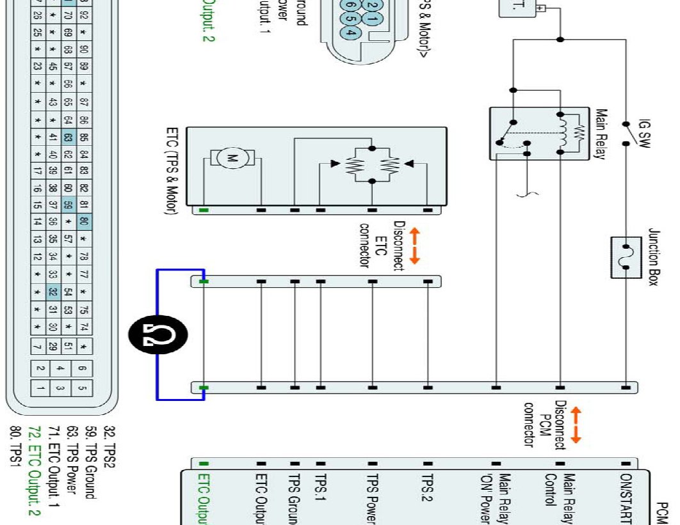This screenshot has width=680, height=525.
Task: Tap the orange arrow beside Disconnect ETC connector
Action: click(414, 247)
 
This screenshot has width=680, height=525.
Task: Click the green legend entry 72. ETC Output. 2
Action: click(38, 474)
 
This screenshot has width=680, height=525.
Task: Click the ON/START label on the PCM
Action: click(626, 498)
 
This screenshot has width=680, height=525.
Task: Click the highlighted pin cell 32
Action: click(53, 293)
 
